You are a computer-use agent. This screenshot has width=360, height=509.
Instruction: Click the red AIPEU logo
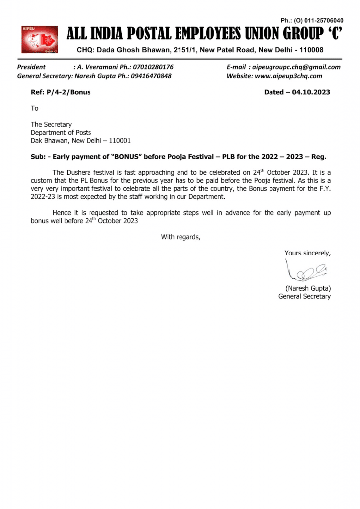[38, 39]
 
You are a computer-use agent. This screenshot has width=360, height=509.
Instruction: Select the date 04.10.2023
[311, 92]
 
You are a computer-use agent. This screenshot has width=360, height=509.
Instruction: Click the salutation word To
[34, 108]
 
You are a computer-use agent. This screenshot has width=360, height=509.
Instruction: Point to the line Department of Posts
[61, 132]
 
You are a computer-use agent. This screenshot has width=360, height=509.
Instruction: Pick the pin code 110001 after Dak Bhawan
[116, 140]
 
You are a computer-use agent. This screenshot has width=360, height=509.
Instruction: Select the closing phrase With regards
[180, 237]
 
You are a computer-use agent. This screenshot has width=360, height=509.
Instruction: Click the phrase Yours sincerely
[307, 253]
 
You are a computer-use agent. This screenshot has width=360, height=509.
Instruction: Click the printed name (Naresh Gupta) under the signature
[308, 288]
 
